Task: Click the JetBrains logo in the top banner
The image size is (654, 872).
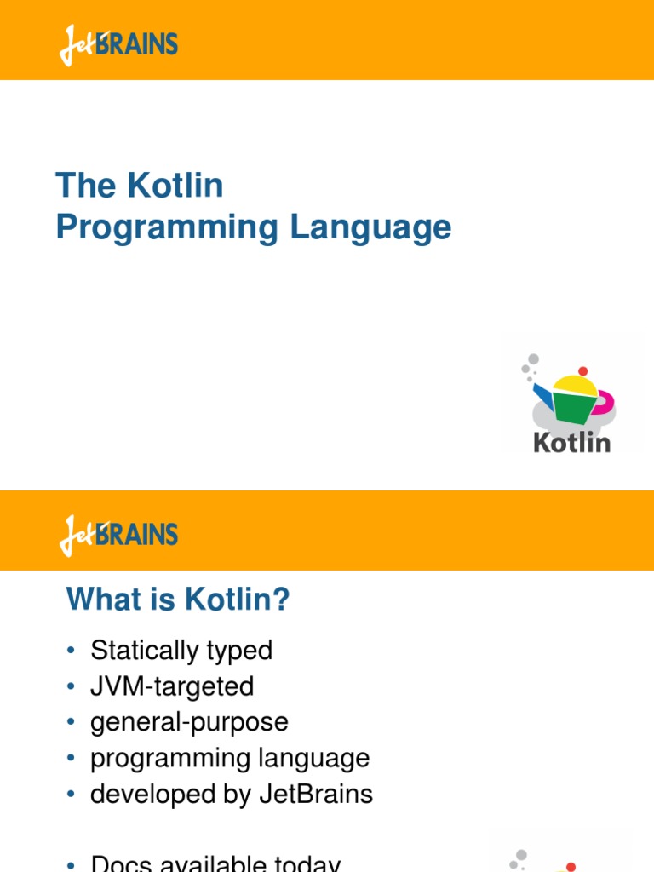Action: [x=118, y=44]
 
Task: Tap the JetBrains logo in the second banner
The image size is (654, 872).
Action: [x=118, y=535]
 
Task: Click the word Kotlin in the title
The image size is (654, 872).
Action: [x=177, y=186]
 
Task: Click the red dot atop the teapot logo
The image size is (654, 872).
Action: [x=582, y=371]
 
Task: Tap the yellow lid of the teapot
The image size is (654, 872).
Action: [x=575, y=386]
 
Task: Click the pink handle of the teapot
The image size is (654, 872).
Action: [x=606, y=400]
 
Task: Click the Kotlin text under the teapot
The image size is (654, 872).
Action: [x=571, y=443]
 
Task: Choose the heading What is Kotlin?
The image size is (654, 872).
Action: [x=178, y=600]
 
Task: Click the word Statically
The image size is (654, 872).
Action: [x=145, y=651]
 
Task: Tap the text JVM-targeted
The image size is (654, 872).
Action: [x=172, y=686]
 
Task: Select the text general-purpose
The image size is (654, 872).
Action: [x=189, y=722]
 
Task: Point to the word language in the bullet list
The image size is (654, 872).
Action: [x=320, y=759]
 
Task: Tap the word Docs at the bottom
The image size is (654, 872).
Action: [x=120, y=864]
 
